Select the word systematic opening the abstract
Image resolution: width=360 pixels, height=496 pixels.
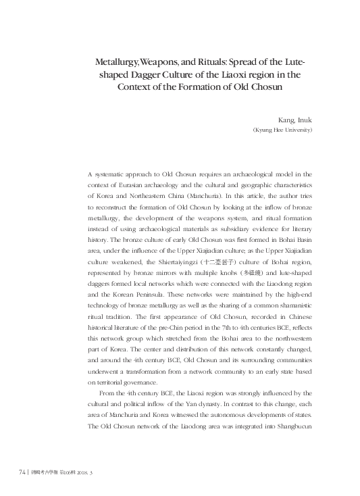(x=115, y=175)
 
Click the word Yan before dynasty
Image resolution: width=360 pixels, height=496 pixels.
(x=206, y=403)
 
